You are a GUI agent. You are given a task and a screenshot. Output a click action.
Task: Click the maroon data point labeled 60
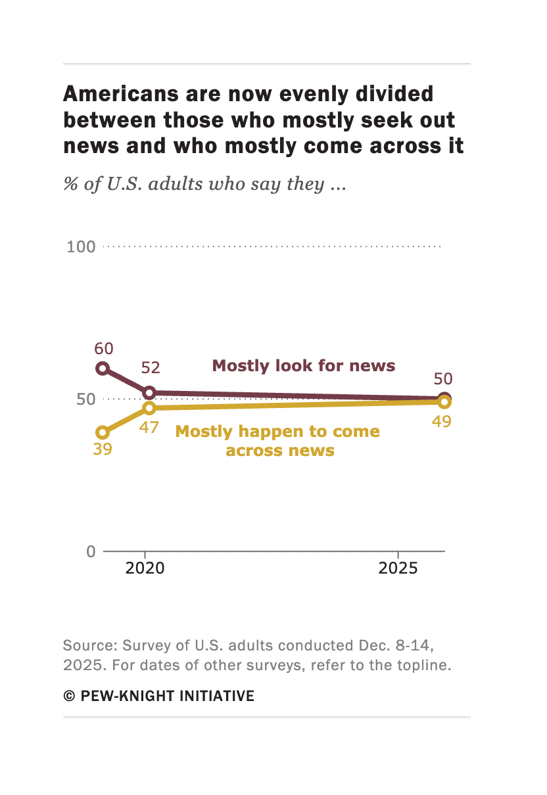coord(103,368)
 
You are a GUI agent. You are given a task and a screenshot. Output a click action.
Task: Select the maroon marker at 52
coord(149,393)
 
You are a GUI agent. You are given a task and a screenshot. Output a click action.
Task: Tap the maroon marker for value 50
coord(444,399)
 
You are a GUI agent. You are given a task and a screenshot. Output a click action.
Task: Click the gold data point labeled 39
coord(103,432)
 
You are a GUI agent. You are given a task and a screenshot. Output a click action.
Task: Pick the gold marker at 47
coord(149,408)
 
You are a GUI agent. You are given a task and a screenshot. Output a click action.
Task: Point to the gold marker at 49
coord(444,402)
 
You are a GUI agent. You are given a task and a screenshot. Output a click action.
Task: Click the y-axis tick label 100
coord(81,247)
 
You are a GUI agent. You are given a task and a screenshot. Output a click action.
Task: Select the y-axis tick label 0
coord(91,551)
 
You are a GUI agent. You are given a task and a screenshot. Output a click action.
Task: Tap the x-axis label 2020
coord(145,568)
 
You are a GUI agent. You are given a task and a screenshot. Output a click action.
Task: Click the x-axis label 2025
coord(398,568)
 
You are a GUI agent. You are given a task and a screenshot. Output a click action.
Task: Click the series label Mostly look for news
coord(304,365)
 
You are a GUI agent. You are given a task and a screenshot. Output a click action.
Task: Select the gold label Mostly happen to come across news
coord(278,441)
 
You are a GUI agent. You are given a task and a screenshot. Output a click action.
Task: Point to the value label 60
coord(104,348)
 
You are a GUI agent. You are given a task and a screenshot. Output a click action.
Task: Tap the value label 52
coord(151,368)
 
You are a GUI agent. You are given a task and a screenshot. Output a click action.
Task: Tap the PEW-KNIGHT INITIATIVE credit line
coord(158,696)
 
